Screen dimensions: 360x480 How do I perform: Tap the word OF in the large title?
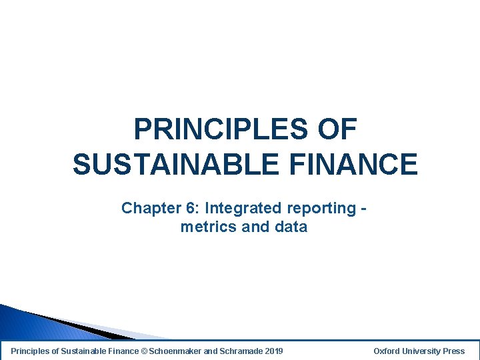click(x=337, y=129)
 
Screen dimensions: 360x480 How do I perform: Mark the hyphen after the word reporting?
click(x=363, y=209)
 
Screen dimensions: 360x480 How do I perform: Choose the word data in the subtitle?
click(x=290, y=227)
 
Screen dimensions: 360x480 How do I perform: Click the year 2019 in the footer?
click(x=273, y=351)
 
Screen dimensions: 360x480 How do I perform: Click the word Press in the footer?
click(x=454, y=351)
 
